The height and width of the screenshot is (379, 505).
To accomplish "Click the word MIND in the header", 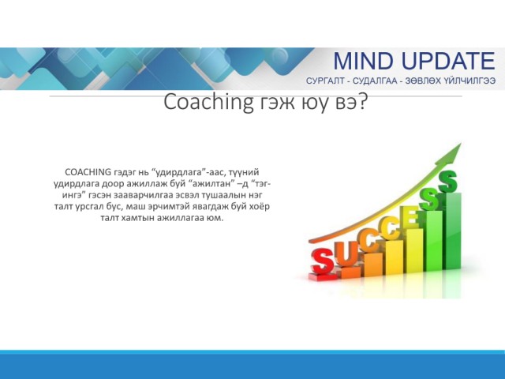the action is click(363, 61).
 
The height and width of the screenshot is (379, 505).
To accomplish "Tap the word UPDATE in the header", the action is click(448, 61).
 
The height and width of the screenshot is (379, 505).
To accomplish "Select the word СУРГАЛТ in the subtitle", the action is click(325, 81).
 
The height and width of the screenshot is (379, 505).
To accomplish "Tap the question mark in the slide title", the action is click(362, 102).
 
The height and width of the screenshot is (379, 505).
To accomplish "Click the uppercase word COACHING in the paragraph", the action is click(88, 172).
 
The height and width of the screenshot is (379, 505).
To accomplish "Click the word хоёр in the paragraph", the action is click(260, 206).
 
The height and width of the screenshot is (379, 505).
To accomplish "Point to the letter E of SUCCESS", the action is click(411, 218).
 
